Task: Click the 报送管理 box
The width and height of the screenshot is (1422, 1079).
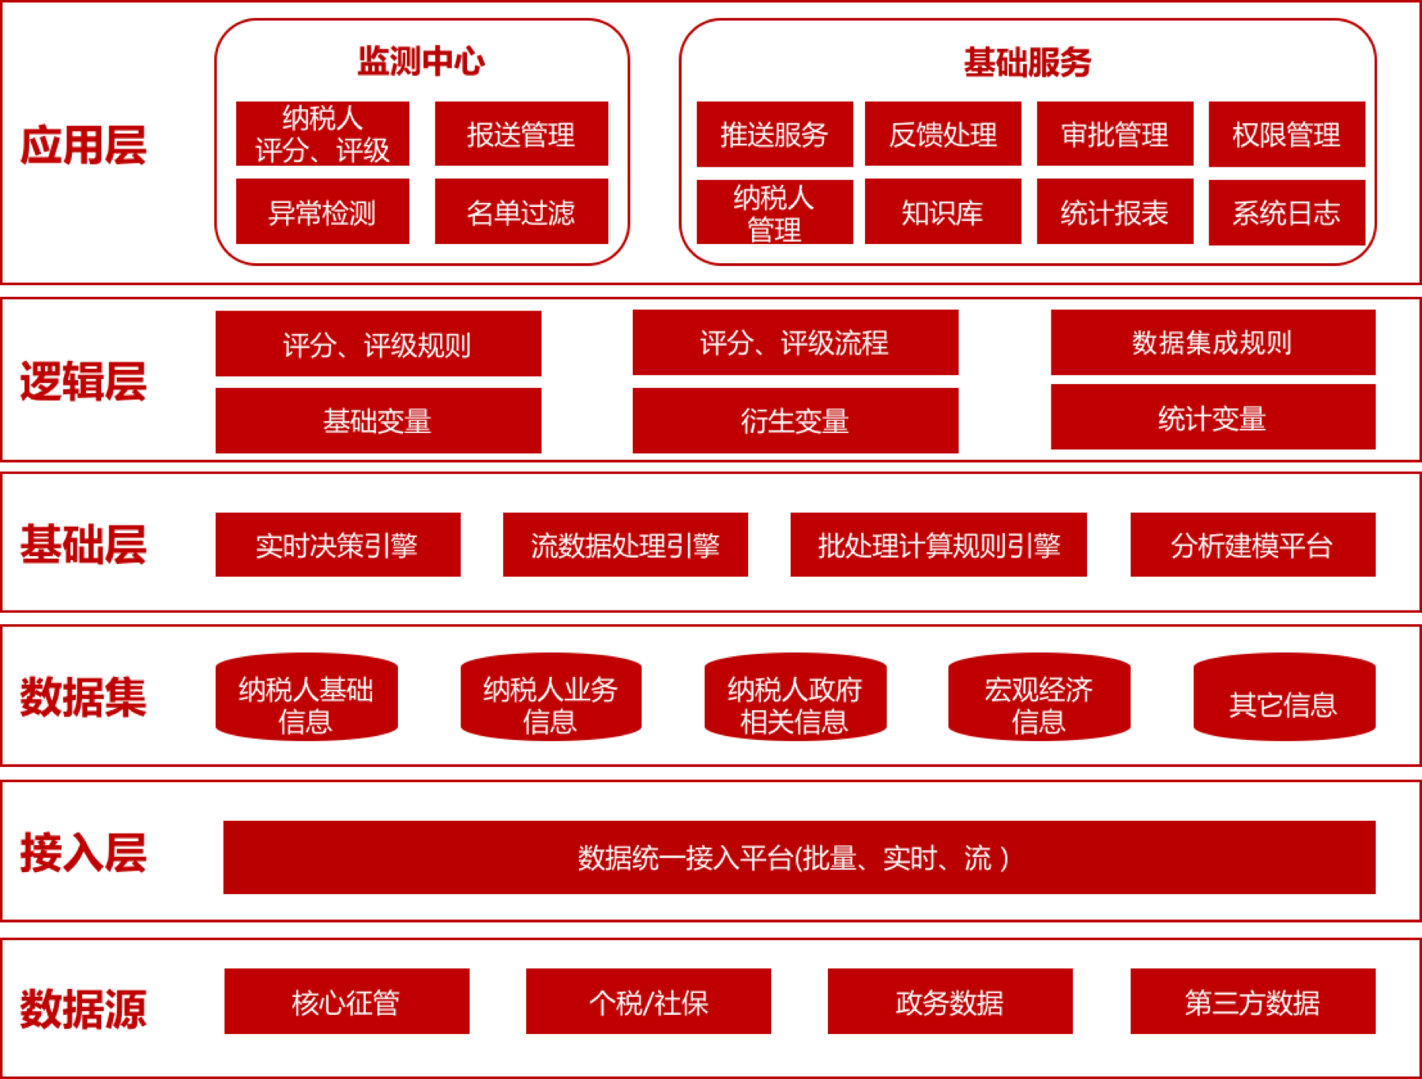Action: tap(521, 133)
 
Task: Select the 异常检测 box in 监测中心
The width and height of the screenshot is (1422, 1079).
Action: tap(322, 212)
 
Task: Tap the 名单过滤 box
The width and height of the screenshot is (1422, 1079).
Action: tap(521, 212)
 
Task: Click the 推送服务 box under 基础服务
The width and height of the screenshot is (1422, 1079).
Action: tap(774, 134)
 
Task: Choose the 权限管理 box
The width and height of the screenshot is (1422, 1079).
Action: tap(1286, 134)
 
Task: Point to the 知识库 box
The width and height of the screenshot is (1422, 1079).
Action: tap(942, 212)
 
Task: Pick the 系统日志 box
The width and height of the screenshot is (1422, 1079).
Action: tap(1286, 212)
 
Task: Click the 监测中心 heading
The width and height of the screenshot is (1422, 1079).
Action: tap(421, 61)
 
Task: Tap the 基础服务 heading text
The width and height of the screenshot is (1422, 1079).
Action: tap(1027, 62)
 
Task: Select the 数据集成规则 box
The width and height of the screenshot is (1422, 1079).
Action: tap(1213, 343)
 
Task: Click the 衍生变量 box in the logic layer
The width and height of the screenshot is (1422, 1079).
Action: tap(795, 420)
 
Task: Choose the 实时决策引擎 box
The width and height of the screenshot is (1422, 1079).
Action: tap(337, 545)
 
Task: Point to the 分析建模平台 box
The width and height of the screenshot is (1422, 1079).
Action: tap(1252, 545)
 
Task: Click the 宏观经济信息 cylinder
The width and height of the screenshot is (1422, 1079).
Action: tap(1039, 697)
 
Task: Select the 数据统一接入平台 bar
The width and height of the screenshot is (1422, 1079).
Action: tap(799, 857)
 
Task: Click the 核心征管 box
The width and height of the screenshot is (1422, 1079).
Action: tap(346, 1002)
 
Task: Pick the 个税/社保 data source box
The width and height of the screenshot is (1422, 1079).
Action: tap(648, 1002)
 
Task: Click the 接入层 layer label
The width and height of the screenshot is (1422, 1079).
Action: tap(83, 853)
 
